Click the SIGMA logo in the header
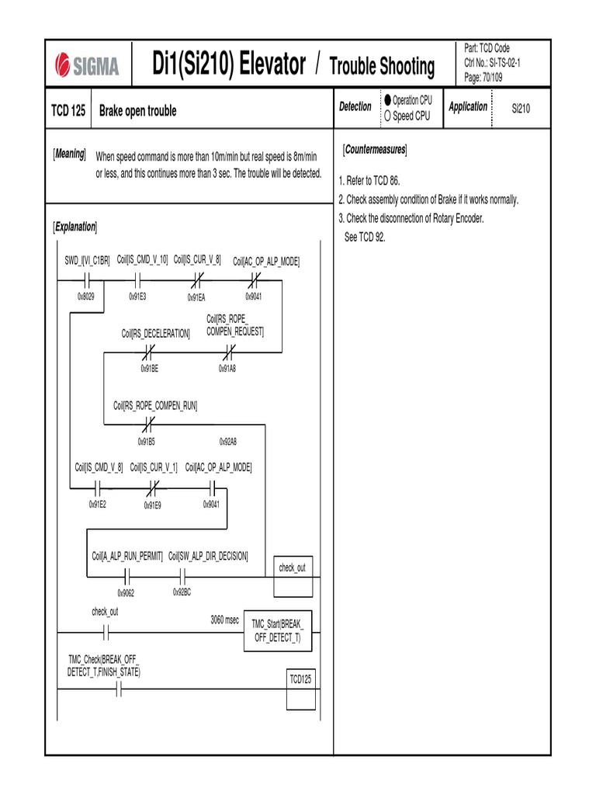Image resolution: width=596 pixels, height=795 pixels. coord(88,66)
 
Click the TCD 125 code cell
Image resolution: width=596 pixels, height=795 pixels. coord(68,111)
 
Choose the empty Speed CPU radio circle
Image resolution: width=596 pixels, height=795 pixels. coord(387,116)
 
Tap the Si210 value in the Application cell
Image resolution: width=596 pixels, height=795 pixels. coord(521,109)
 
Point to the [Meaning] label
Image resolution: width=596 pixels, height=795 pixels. coord(69,154)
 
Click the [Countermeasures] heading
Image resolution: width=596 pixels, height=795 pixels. coord(375,149)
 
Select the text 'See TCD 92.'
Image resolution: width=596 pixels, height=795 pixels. coord(365,237)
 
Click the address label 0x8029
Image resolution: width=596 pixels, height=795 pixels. coord(86,297)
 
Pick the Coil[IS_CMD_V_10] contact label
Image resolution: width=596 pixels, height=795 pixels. coord(143,259)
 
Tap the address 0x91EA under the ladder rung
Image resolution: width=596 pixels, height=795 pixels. coord(196,297)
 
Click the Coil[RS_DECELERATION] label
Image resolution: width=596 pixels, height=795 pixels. coord(155,333)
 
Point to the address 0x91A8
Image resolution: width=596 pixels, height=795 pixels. coord(227,369)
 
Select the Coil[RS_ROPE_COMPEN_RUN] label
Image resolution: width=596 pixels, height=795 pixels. coord(155,405)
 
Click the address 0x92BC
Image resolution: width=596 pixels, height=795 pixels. coord(182,592)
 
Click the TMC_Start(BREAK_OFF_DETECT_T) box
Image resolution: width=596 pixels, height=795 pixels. coord(277,630)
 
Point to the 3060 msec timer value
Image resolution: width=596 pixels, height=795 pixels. coord(225,620)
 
